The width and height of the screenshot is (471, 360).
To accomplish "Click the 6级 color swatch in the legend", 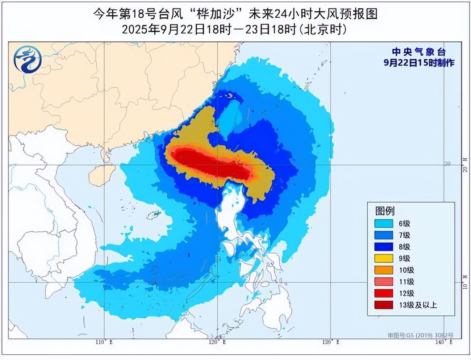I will click(x=384, y=224).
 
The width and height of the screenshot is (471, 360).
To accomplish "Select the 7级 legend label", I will click(x=404, y=235).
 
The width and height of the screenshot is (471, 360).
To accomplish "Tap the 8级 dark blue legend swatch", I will click(x=384, y=247).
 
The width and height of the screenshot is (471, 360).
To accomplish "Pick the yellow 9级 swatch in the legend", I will click(x=384, y=259).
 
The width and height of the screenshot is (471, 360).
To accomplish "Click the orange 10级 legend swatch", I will click(x=384, y=270).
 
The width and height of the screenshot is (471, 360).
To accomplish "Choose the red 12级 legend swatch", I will click(x=384, y=293).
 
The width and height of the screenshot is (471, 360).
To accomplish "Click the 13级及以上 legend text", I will click(x=418, y=305).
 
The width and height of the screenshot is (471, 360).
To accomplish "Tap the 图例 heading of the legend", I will click(x=385, y=211).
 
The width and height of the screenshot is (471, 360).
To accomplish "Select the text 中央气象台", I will click(x=419, y=52).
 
